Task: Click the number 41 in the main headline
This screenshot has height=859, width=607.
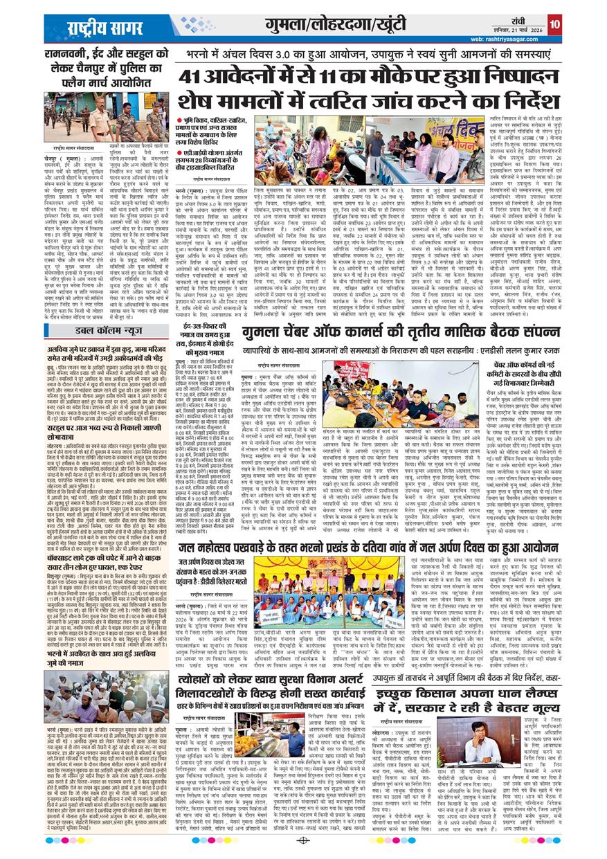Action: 197,76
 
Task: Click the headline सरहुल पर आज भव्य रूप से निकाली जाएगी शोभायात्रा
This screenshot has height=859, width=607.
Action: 107,429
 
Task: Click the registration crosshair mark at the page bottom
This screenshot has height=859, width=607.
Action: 303,840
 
